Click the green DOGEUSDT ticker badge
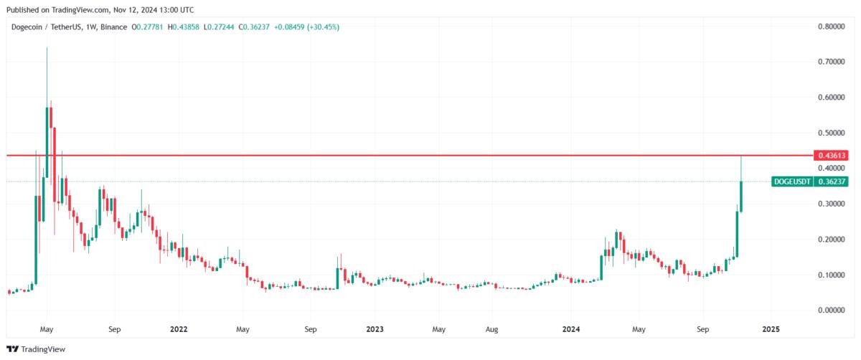coord(793,181)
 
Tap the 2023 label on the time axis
coord(375,329)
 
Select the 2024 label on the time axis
coord(571,329)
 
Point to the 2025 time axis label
coord(771,329)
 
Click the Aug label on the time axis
coord(491,329)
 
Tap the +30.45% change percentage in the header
coord(325,27)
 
